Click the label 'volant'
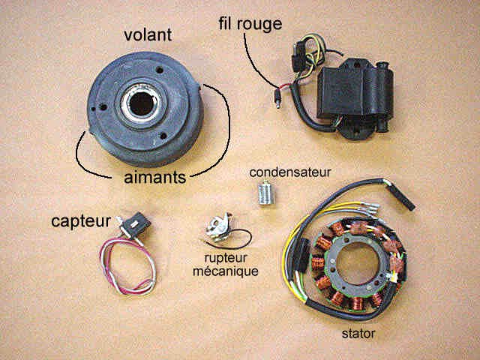pos(148,35)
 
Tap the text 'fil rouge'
pos(250,24)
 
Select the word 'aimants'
pos(155,177)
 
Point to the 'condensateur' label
pos(290,172)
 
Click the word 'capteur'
pos(81,221)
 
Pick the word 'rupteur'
pos(226,259)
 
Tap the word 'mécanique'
pos(225,271)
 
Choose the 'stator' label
pos(358,333)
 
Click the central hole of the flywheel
pos(142,103)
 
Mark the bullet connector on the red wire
pos(277,98)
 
